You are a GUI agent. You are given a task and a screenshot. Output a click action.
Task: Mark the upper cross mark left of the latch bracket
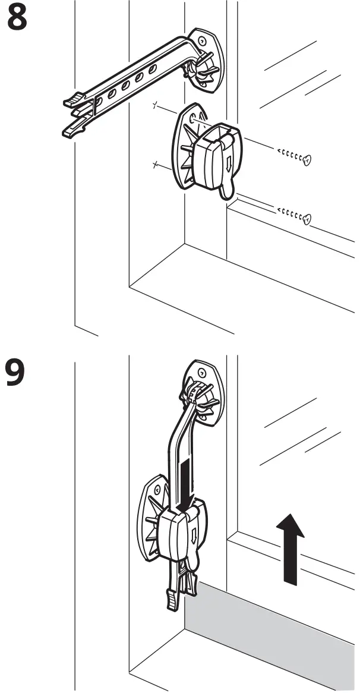click(x=156, y=106)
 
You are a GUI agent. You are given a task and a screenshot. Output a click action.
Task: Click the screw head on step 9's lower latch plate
click(x=157, y=489)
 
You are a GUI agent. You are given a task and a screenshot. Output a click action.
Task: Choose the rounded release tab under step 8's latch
click(x=226, y=190)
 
